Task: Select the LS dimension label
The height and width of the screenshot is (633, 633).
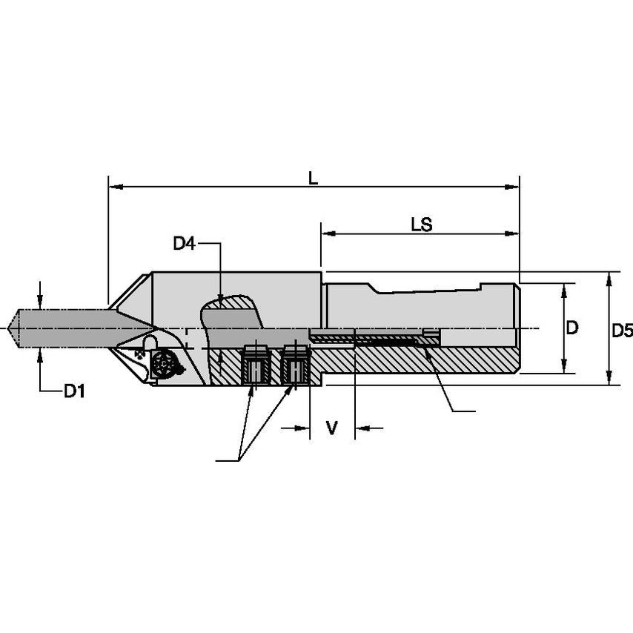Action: pos(422,224)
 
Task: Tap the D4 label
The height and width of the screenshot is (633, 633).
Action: pos(185,243)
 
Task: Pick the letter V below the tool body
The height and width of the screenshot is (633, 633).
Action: pos(332,428)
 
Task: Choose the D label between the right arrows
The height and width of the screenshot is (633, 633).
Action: pos(572,328)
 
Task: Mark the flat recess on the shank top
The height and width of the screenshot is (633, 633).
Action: pos(426,290)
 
